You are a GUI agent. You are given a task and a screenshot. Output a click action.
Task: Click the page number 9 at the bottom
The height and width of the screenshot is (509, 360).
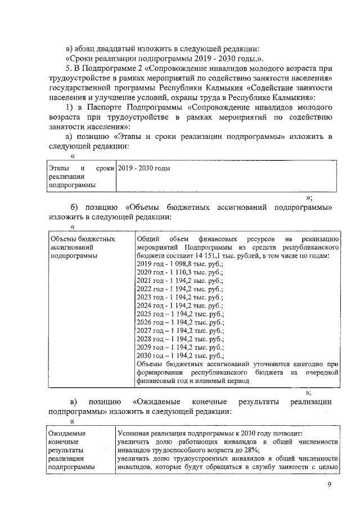pyautogui.click(x=330, y=487)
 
